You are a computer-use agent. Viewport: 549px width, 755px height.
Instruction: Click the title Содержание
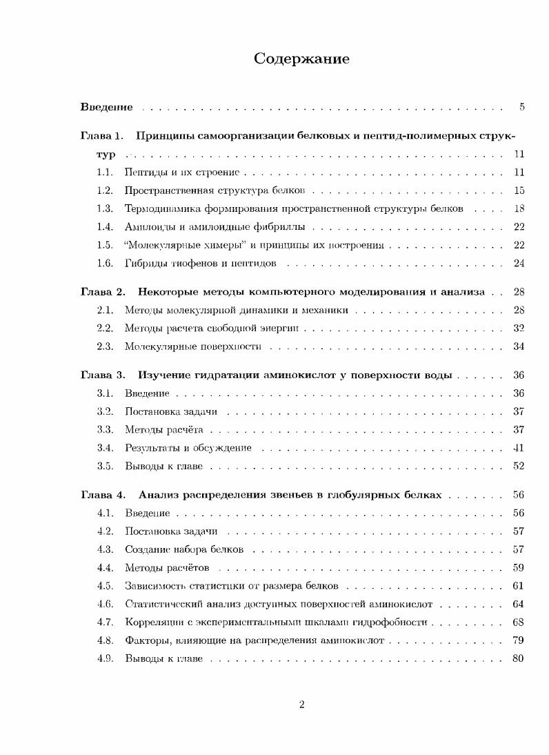pyautogui.click(x=301, y=59)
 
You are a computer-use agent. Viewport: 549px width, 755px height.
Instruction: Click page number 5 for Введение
pyautogui.click(x=522, y=107)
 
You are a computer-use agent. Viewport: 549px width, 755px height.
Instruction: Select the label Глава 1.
pyautogui.click(x=101, y=135)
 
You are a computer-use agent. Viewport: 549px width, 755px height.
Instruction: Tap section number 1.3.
pyautogui.click(x=105, y=208)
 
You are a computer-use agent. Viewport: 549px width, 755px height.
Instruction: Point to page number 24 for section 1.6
pyautogui.click(x=519, y=263)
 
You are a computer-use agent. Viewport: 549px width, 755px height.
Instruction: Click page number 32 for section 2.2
pyautogui.click(x=519, y=328)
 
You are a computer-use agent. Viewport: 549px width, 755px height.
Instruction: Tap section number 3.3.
pyautogui.click(x=105, y=430)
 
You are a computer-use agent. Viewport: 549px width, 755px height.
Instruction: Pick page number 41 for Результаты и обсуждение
pyautogui.click(x=519, y=448)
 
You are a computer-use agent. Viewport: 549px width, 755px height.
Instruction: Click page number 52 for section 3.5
pyautogui.click(x=519, y=466)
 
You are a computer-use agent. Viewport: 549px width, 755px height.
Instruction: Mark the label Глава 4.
pyautogui.click(x=102, y=495)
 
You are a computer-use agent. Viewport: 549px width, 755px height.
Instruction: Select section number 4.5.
pyautogui.click(x=105, y=586)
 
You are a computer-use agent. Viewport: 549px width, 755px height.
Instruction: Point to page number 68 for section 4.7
pyautogui.click(x=519, y=622)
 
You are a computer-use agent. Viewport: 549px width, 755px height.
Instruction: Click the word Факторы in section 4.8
pyautogui.click(x=146, y=640)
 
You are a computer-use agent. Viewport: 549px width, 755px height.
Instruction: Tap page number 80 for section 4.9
pyautogui.click(x=519, y=658)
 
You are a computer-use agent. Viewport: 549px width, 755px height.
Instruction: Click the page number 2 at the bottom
pyautogui.click(x=302, y=705)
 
